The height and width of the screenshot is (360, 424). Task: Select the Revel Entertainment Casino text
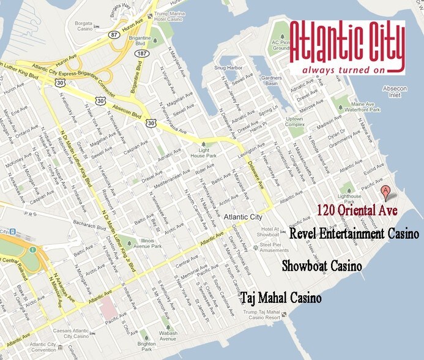tap(354, 234)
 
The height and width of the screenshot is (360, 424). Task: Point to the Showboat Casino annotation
tap(321, 266)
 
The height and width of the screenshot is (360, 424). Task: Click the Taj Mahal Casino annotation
tap(281, 299)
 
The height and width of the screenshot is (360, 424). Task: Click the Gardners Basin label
tap(270, 81)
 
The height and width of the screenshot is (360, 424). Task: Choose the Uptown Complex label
tap(295, 122)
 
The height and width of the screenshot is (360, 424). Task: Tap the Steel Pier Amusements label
tap(271, 248)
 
